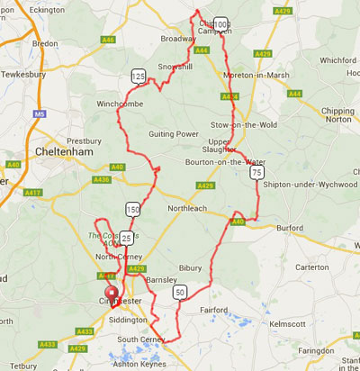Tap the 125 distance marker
[138, 77]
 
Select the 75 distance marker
[257, 171]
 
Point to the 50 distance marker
[181, 292]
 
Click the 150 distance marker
[133, 209]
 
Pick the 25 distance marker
[127, 237]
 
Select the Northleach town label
[186, 208]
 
